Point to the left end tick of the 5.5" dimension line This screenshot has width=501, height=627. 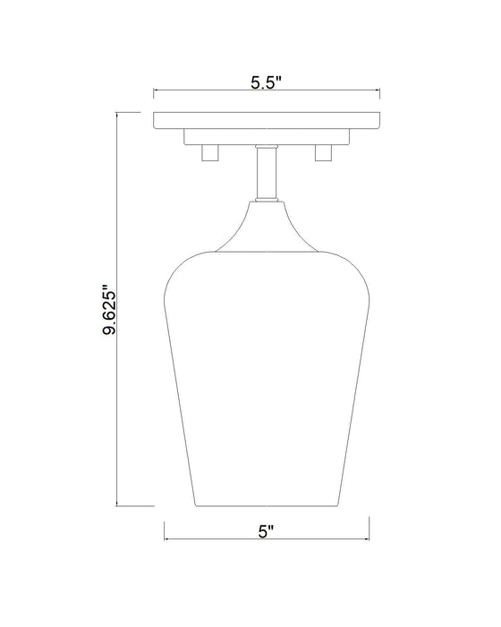[x=155, y=90]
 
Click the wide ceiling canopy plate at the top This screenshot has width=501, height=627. [x=267, y=120]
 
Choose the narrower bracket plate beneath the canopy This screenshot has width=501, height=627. [x=267, y=136]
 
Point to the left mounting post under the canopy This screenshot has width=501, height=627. [x=211, y=153]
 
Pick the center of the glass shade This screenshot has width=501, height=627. [x=267, y=376]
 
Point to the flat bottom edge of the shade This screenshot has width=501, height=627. [x=267, y=505]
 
